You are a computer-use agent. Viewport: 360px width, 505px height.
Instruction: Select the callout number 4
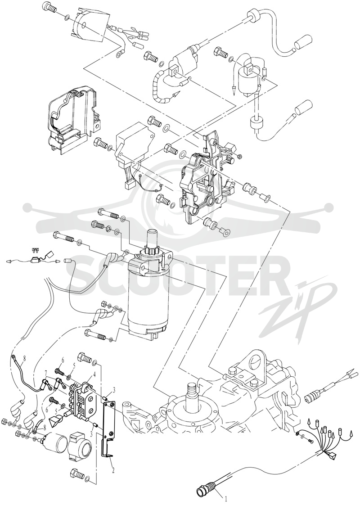[x=94, y=374]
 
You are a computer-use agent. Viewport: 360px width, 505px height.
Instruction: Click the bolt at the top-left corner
[x=50, y=7]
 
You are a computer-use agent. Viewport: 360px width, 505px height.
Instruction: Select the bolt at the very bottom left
[x=77, y=474]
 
